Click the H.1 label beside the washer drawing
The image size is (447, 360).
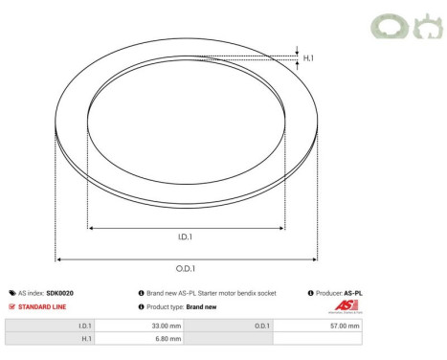pyautogui.click(x=309, y=58)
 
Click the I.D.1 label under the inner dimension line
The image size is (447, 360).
pyautogui.click(x=187, y=238)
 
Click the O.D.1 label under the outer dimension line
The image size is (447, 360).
pyautogui.click(x=187, y=269)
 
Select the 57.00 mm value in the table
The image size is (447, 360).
pyautogui.click(x=344, y=326)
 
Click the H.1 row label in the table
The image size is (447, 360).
pyautogui.click(x=86, y=339)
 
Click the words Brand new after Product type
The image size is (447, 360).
pyautogui.click(x=201, y=307)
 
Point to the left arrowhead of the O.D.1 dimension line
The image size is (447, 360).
pyautogui.click(x=59, y=259)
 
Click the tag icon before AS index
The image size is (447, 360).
pyautogui.click(x=11, y=293)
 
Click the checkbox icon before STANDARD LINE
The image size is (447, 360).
pyautogui.click(x=11, y=307)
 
